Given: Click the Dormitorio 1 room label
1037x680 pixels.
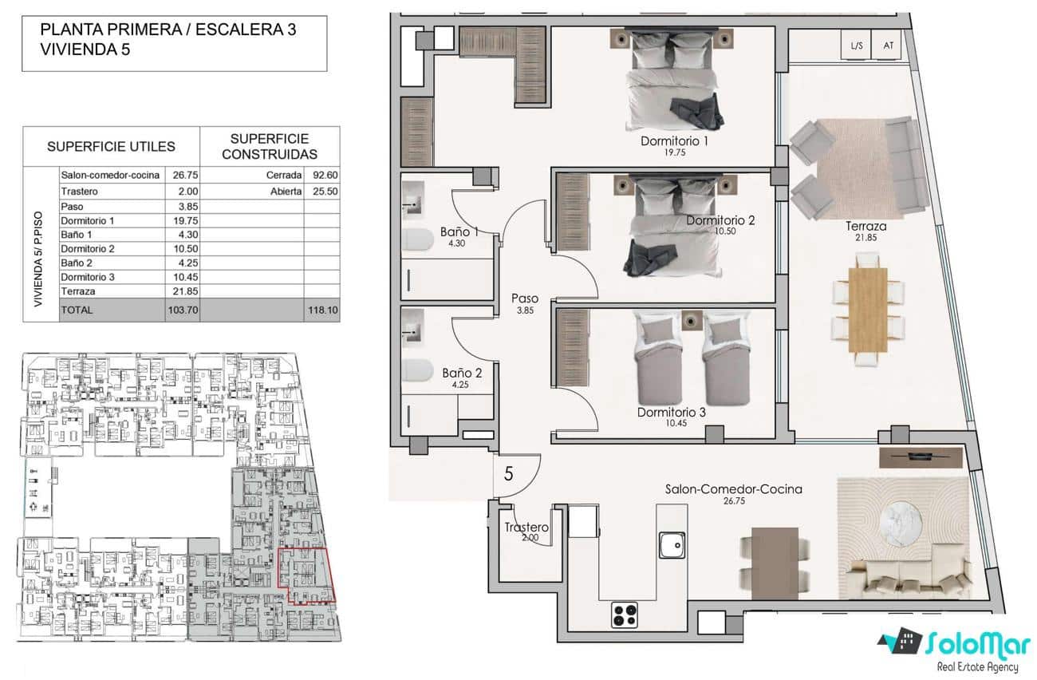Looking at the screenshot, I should [674, 141].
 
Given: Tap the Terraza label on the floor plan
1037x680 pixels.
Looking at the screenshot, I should [865, 227].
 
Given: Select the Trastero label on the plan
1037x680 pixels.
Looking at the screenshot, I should [526, 528].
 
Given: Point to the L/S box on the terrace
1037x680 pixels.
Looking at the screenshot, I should [857, 45].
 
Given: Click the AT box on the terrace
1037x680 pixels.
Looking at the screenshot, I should [888, 45].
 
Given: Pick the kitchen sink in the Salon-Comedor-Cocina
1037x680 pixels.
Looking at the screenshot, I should [672, 545].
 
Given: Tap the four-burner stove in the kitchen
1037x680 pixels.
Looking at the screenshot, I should [625, 615].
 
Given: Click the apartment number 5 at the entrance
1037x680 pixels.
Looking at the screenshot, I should [509, 472].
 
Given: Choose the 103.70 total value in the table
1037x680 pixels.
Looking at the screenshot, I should [182, 310].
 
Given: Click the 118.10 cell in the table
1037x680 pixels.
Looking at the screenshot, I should [321, 310].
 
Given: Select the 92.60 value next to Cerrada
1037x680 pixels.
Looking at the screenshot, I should [321, 175].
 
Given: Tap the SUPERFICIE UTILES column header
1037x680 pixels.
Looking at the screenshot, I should [111, 147].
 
